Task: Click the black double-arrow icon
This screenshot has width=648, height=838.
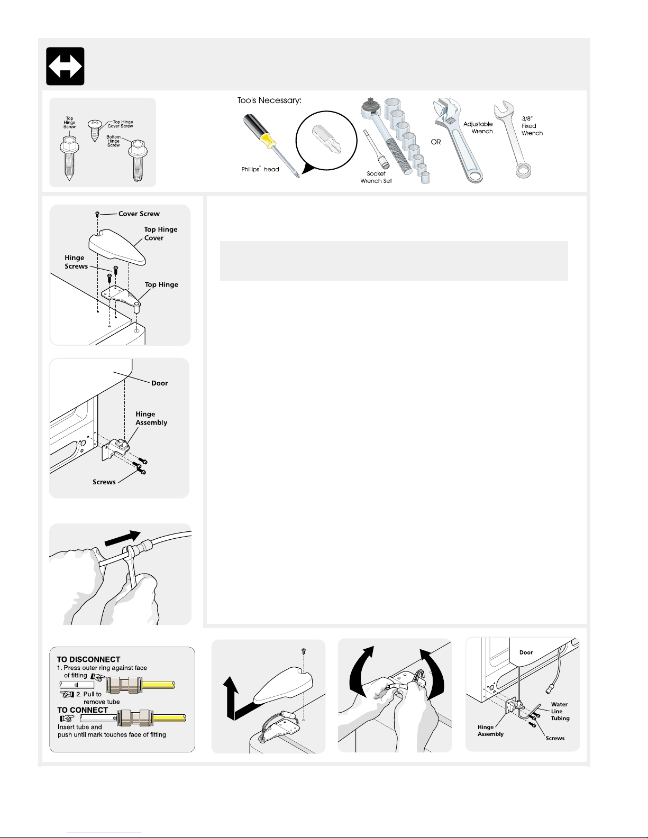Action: coord(65,66)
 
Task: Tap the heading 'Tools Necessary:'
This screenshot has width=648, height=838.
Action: coord(269,100)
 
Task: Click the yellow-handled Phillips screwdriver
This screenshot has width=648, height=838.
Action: coord(271,146)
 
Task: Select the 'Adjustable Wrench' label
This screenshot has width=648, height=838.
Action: coord(478,127)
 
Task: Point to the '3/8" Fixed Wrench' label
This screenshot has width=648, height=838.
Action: coord(532,126)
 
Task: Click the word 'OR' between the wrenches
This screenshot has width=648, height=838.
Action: coord(436,142)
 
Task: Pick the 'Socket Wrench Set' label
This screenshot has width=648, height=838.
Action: coord(376,178)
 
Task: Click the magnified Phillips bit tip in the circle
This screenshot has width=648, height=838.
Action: coord(327,139)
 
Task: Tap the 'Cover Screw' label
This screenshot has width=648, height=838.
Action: coord(139,214)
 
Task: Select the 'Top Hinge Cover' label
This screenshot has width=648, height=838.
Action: coord(160,234)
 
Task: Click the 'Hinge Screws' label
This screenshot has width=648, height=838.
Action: coord(76,262)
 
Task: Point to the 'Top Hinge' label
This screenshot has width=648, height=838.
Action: coord(161,284)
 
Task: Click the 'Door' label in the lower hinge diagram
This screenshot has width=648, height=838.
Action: coord(159,383)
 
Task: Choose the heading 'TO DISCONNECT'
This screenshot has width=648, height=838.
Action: coord(88,659)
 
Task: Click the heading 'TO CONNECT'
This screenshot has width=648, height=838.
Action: coord(83,710)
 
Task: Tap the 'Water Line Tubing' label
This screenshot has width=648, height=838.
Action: coord(560,711)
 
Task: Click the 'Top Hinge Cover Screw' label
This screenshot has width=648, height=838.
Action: coord(121,124)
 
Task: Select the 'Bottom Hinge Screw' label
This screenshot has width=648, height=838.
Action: coord(113,141)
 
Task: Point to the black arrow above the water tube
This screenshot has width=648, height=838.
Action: coord(122,538)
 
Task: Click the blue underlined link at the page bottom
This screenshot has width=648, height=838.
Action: coord(105,833)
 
